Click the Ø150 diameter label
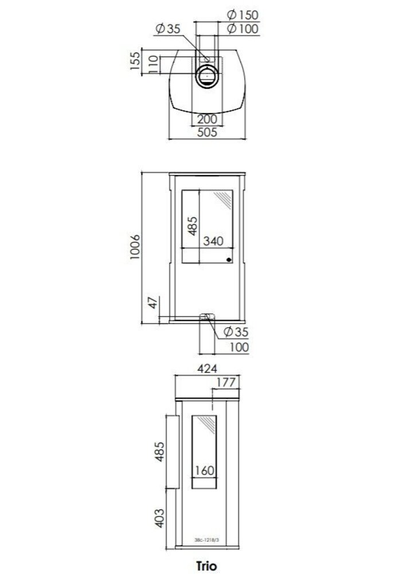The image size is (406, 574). pyautogui.click(x=243, y=15)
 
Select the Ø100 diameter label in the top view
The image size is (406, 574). pyautogui.click(x=243, y=29)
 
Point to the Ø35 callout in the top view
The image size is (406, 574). pyautogui.click(x=168, y=29)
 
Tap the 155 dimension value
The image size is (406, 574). pyautogui.click(x=135, y=61)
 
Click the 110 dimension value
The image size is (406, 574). pyautogui.click(x=153, y=64)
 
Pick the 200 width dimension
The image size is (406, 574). pyautogui.click(x=207, y=119)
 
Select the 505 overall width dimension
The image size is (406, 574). pyautogui.click(x=207, y=132)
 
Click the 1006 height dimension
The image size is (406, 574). pyautogui.click(x=135, y=247)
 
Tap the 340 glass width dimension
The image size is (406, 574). pyautogui.click(x=213, y=241)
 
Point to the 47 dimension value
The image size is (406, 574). pyautogui.click(x=153, y=302)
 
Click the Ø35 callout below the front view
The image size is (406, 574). pyautogui.click(x=236, y=332)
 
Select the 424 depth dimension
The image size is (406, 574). pyautogui.click(x=207, y=369)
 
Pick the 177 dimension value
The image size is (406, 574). pyautogui.click(x=226, y=382)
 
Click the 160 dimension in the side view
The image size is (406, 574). pyautogui.click(x=205, y=471)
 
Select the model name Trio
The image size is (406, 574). pyautogui.click(x=206, y=565)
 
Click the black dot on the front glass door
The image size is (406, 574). pyautogui.click(x=229, y=260)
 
